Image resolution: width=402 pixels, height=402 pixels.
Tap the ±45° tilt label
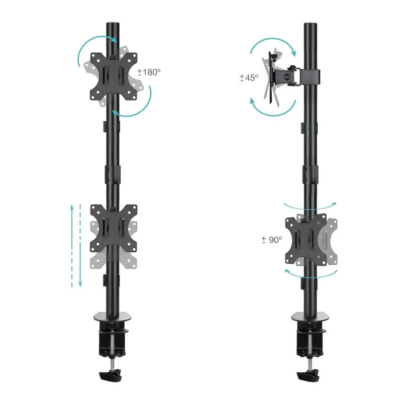249,78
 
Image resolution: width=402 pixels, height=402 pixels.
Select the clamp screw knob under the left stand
112,375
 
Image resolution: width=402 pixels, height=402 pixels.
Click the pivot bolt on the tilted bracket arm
287,76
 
